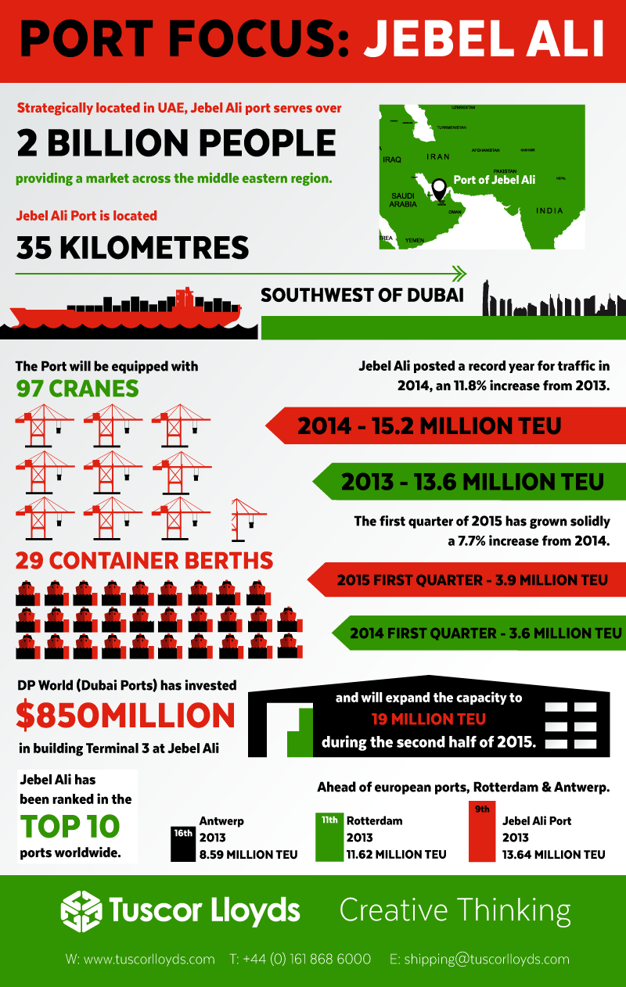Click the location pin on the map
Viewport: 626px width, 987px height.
439,188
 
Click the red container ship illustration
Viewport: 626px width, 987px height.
125,310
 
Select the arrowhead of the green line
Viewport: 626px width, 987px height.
459,273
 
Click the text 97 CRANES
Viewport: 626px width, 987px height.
77,388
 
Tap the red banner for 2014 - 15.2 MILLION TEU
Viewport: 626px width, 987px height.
438,426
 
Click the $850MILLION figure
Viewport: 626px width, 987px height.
125,715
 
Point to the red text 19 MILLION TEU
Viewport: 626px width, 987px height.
429,719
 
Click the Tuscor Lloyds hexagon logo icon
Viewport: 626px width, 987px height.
81,910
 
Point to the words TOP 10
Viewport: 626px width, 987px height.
70,826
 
